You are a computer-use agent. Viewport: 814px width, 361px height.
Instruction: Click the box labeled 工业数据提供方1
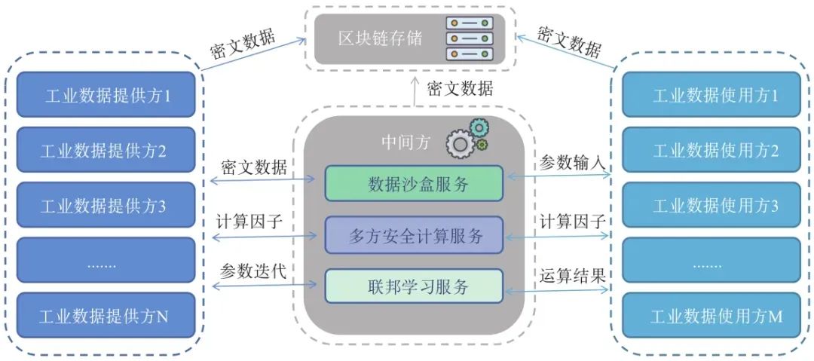click(x=106, y=96)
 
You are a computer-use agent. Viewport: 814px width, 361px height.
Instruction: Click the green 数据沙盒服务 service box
click(x=414, y=183)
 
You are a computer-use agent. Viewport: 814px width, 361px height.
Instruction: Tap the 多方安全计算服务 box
click(x=414, y=234)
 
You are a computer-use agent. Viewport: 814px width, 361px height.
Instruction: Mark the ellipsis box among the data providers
click(x=106, y=261)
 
